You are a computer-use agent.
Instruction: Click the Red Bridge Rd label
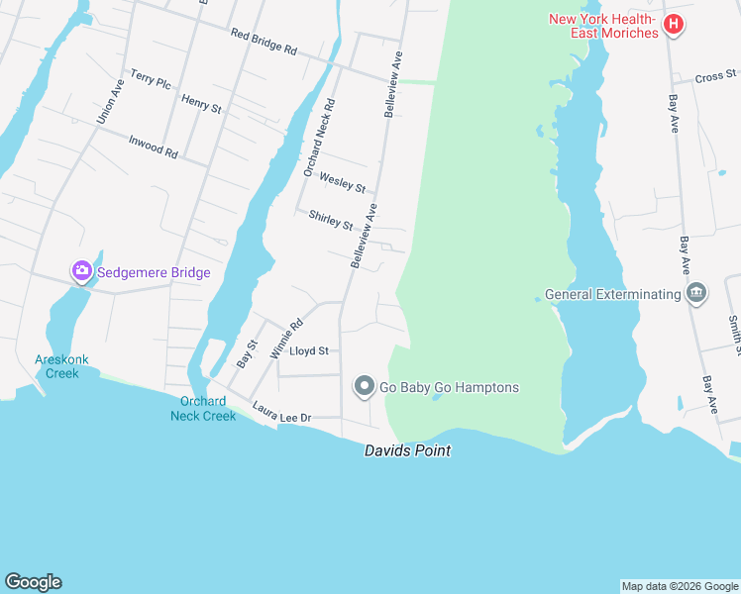coord(264,41)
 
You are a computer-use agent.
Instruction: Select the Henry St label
coord(201,103)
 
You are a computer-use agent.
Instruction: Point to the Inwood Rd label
coord(153,147)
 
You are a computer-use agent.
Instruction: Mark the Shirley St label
coord(331,220)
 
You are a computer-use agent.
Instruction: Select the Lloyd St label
coord(308,350)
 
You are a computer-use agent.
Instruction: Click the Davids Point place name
coord(407,450)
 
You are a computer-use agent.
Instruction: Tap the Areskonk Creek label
coord(55,366)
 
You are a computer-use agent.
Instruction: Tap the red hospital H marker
coord(674,24)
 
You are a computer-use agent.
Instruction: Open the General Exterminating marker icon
coord(696,293)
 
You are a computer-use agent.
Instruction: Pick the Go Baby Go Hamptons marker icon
coord(365,387)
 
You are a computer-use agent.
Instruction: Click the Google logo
coord(33,582)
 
